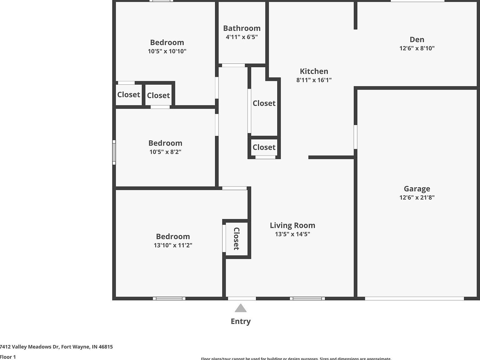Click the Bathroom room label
tap(242, 28)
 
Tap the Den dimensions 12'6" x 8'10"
tap(417, 48)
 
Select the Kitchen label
tap(314, 71)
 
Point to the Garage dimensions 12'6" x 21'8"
tap(417, 197)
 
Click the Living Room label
tap(292, 225)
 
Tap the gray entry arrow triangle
tap(241, 308)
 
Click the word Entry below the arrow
tap(241, 321)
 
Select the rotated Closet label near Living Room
tap(237, 239)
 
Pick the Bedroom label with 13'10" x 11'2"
tap(173, 237)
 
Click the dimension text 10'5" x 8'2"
tap(165, 152)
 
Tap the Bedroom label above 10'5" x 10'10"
tap(167, 42)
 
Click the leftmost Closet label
tap(128, 94)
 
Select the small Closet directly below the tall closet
tap(264, 147)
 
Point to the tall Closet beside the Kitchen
tap(264, 103)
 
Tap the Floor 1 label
tap(8, 357)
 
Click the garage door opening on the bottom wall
tap(414, 298)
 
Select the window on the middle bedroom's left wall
tap(114, 152)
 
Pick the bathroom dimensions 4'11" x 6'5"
tap(242, 37)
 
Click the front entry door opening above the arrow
tap(242, 298)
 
